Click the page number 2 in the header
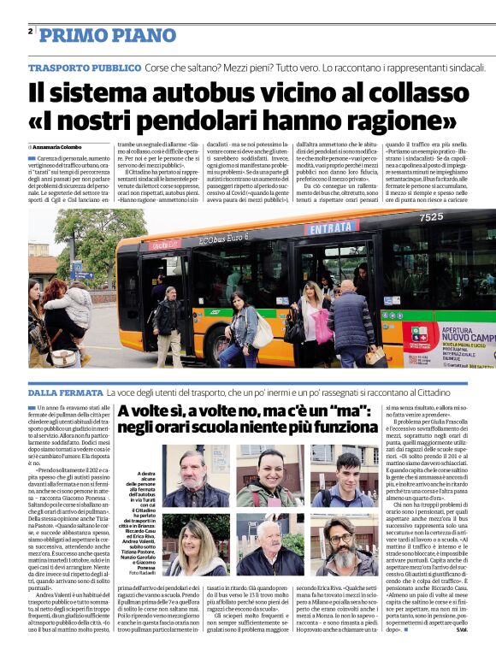pyautogui.click(x=31, y=32)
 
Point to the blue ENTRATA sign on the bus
pyautogui.click(x=328, y=228)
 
